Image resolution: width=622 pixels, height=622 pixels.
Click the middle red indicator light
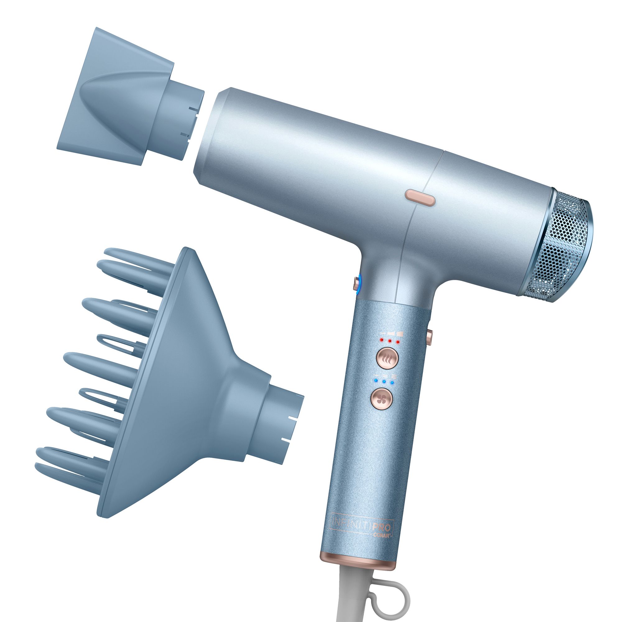(390, 341)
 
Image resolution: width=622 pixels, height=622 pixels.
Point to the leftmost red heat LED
(382, 340)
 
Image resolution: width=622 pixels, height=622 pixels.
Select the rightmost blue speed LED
(392, 383)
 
